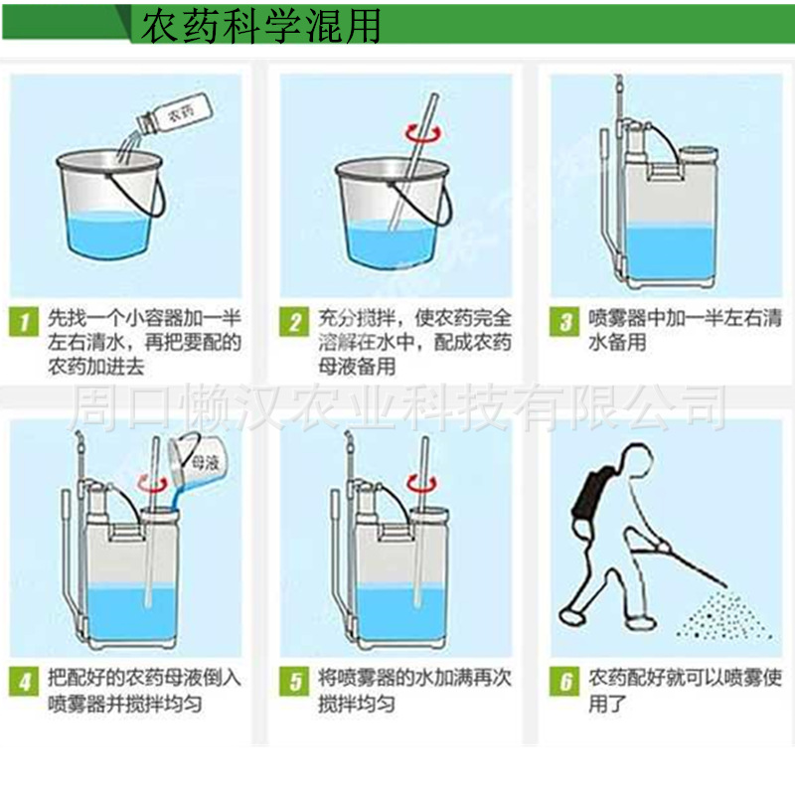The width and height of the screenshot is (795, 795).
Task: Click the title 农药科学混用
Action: point(260,26)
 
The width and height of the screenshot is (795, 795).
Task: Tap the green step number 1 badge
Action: point(23,321)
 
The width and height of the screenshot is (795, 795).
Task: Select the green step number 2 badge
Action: point(294,321)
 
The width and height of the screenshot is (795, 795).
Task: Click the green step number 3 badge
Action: point(564,321)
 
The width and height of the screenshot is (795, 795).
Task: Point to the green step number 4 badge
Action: point(23,681)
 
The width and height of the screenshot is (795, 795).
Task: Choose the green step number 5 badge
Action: point(294,681)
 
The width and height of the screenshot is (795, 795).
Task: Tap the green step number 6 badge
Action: point(564,681)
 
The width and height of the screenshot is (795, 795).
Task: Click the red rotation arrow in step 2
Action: point(423,133)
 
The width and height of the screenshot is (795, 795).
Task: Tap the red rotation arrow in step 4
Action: point(153,484)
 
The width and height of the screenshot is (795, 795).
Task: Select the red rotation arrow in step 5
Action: point(422,484)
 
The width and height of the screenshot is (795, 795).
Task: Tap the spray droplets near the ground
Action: point(725,615)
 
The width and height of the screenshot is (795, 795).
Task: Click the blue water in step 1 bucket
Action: point(109,235)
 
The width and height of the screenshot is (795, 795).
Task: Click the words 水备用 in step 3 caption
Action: point(617,343)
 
